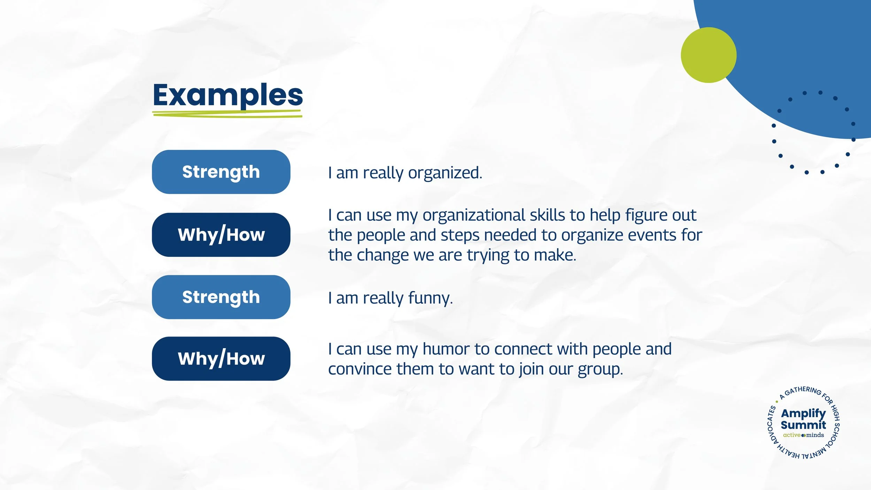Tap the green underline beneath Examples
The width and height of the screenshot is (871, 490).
point(227,114)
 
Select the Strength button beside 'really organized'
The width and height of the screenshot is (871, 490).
point(221,172)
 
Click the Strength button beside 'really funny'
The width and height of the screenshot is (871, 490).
point(221,297)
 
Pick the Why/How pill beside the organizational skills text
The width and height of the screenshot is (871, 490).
point(221,235)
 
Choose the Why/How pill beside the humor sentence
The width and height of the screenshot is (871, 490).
point(221,358)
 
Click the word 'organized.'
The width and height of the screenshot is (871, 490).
point(445,173)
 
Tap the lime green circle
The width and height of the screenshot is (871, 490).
point(709,55)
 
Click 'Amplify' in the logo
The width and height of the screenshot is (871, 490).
point(803,413)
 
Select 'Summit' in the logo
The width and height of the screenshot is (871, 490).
point(803,425)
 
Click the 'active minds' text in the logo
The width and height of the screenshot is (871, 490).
point(803,435)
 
